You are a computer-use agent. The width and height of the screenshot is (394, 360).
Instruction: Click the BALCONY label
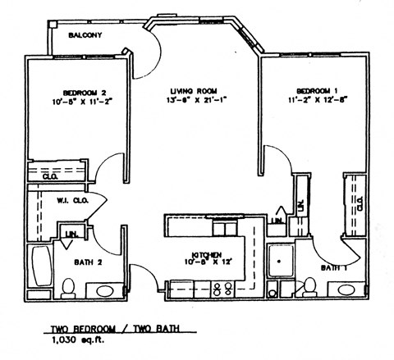click(85, 36)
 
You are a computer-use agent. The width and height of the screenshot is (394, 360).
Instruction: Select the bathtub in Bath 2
click(38, 268)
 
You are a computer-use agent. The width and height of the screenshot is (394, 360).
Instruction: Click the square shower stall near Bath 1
click(282, 263)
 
